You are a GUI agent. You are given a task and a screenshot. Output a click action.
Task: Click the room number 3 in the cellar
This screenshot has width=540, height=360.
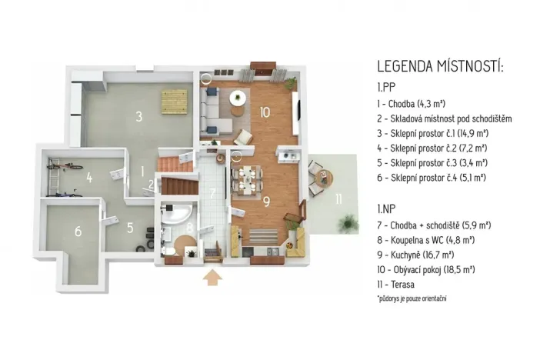pos(138,117)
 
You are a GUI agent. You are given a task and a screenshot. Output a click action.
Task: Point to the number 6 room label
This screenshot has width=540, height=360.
pos(78,230)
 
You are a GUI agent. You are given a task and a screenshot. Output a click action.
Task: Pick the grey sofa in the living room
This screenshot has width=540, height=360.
pos(208,112)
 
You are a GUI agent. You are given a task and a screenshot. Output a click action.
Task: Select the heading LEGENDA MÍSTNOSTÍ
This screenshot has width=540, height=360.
pos(440,67)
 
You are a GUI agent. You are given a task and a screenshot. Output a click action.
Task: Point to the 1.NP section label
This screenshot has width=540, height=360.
pos(387,208)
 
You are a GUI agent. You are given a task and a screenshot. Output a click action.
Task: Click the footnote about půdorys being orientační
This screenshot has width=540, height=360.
pos(412,297)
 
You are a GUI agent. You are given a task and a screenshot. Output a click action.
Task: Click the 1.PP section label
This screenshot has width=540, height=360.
pos(387,88)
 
